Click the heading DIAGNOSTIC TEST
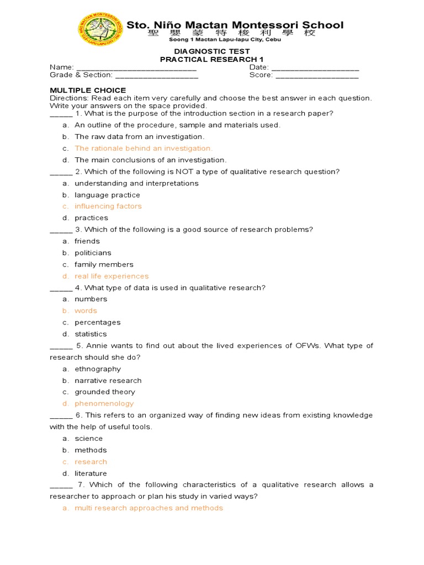[212, 51]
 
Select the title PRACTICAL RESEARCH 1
[212, 59]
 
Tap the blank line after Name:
[136, 67]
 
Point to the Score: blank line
[316, 75]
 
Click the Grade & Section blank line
[156, 75]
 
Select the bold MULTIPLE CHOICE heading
[88, 90]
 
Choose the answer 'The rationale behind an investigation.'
[144, 148]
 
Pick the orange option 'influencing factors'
[108, 206]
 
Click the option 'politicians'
[93, 253]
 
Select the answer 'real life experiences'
[112, 276]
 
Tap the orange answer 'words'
[86, 311]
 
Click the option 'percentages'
[97, 322]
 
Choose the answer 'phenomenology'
[104, 403]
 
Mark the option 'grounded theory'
[105, 392]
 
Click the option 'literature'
[91, 473]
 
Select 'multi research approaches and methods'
[149, 508]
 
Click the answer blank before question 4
[61, 289]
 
